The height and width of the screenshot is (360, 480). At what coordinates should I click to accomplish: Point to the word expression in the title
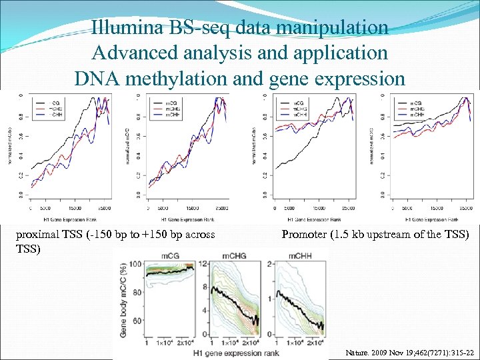pyautogui.click(x=360, y=79)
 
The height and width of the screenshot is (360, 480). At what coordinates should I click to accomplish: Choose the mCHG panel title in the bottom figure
pyautogui.click(x=233, y=256)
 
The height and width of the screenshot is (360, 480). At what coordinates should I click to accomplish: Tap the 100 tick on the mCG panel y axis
pyautogui.click(x=137, y=265)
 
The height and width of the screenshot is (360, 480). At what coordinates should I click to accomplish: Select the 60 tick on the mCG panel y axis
pyautogui.click(x=138, y=320)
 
